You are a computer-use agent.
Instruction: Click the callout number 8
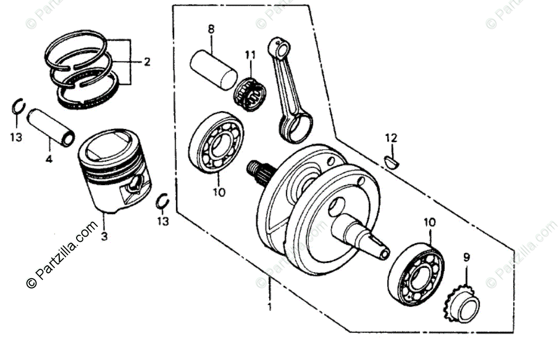pyautogui.click(x=211, y=29)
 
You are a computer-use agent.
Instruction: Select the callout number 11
pyautogui.click(x=250, y=54)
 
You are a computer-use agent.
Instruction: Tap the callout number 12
pyautogui.click(x=391, y=138)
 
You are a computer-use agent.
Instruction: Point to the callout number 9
pyautogui.click(x=467, y=257)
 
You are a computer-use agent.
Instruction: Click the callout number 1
pyautogui.click(x=268, y=308)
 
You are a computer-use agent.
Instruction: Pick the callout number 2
pyautogui.click(x=147, y=62)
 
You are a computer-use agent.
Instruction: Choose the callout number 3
pyautogui.click(x=104, y=236)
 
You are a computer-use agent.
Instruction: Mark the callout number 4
pyautogui.click(x=49, y=159)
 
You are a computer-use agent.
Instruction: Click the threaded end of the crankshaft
pyautogui.click(x=254, y=168)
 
